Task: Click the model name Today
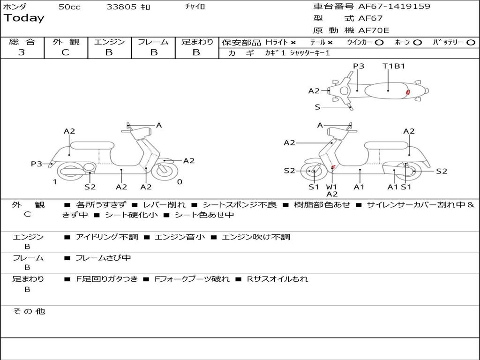[x=24, y=18]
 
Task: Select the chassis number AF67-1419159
[x=394, y=6]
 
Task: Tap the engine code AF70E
[x=374, y=30]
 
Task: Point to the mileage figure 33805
[x=121, y=7]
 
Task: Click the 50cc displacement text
[x=69, y=7]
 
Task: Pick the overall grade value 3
[x=22, y=52]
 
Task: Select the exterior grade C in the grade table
[x=65, y=52]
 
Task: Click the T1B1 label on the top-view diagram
[x=394, y=66]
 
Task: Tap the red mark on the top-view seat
[x=408, y=92]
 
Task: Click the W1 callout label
[x=331, y=187]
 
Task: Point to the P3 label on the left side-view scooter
[x=36, y=164]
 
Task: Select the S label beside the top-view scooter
[x=317, y=107]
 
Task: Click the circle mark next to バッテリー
[x=471, y=43]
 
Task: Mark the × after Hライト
[x=293, y=43]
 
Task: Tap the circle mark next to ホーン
[x=417, y=43]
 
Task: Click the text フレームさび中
[x=103, y=258]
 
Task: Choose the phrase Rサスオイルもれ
[x=277, y=279]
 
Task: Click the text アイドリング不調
[x=107, y=237]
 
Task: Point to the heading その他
[x=29, y=311]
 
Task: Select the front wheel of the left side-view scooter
[x=165, y=171]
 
